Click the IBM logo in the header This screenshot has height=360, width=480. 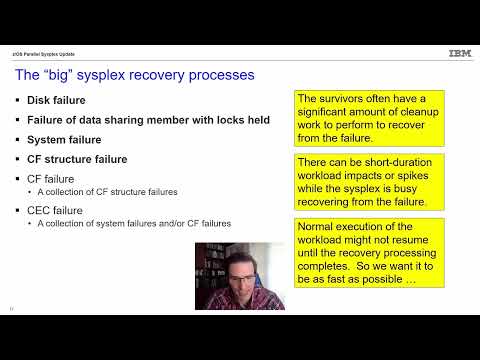point(460,53)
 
